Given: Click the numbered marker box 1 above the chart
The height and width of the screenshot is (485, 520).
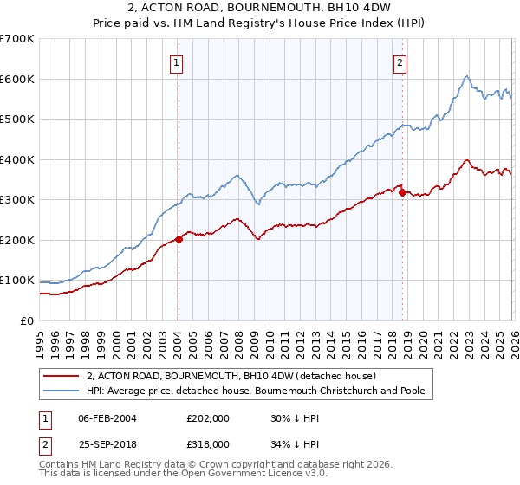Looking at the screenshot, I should [x=176, y=62].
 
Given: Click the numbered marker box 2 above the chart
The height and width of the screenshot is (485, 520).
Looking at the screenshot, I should [x=400, y=62].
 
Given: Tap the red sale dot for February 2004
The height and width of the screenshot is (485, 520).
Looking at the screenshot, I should [x=179, y=239].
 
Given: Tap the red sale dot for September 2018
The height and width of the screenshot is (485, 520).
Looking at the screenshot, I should [x=402, y=192].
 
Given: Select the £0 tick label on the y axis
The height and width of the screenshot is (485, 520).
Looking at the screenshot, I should [x=28, y=321].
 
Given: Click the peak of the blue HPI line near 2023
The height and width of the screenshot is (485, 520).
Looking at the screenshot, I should [x=466, y=76].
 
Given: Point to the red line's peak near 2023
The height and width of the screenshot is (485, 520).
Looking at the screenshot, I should [x=467, y=160].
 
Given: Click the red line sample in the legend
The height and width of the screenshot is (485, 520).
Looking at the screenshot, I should [x=62, y=377].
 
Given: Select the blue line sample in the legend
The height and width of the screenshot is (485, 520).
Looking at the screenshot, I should [x=62, y=391].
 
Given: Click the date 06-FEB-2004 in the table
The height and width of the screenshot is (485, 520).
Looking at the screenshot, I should [x=110, y=418].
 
